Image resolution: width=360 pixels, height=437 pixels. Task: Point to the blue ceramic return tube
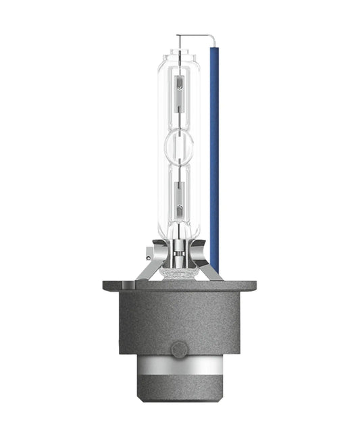tap(214, 155)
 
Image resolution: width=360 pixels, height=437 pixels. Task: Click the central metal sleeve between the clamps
tap(179, 257)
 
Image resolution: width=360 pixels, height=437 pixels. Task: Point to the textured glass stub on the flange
tap(179, 274)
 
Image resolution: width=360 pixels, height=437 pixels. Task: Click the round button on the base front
tap(179, 350)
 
